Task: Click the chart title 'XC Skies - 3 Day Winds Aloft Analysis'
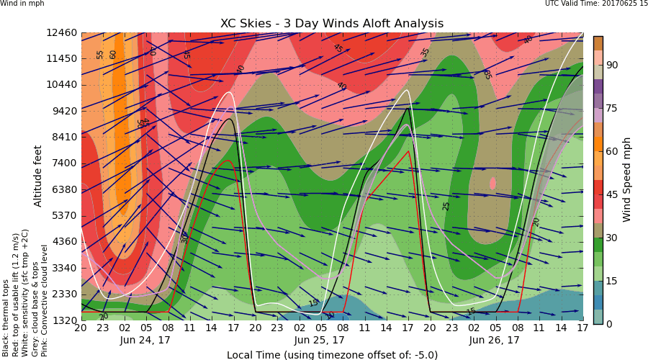(332, 24)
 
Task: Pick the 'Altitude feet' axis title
(38, 175)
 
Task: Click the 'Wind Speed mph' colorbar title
(627, 179)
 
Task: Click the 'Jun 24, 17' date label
(146, 340)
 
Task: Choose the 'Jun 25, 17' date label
(320, 340)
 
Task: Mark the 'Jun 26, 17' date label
(495, 340)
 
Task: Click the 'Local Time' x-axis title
(332, 354)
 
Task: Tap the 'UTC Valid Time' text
(596, 4)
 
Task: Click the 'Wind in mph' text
(22, 4)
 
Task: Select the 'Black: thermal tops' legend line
(6, 318)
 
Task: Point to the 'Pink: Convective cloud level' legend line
(45, 300)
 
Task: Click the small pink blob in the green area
(492, 184)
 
